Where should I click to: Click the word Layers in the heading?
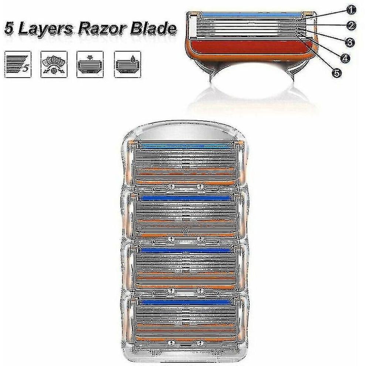coord(45,29)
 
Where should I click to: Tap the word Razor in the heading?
coord(101,29)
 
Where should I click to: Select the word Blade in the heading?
coord(153,28)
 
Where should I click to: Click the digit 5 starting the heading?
coord(9,29)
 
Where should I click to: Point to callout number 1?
coord(351,10)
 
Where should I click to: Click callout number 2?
coord(351,26)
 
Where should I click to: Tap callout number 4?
coord(345,58)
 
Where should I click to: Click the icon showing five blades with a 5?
coord(18,64)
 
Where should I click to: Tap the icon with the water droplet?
coord(128,64)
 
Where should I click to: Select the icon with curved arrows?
coord(54,64)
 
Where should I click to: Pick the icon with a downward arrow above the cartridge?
coord(90,64)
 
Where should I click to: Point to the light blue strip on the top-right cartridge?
coord(251,15)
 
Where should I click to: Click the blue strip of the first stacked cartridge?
coord(186,147)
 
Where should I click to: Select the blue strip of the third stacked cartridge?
coord(186,250)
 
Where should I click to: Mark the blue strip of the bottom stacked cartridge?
coord(186,302)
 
